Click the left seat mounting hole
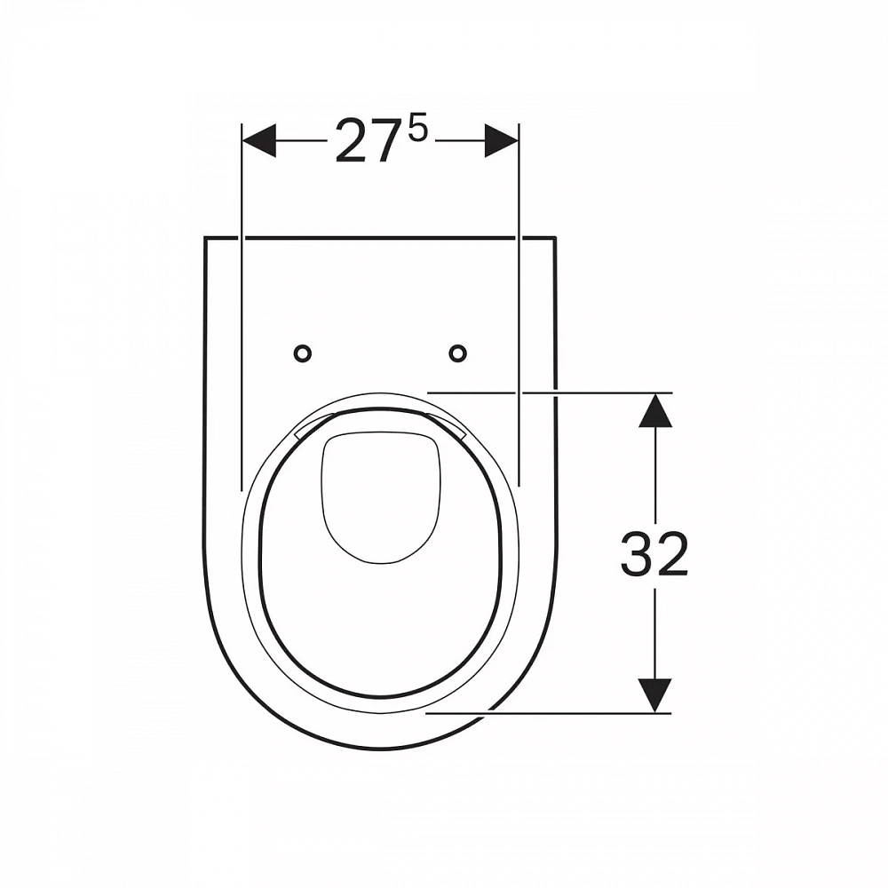303,354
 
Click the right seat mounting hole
457,354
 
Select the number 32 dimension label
654,554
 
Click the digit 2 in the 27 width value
351,141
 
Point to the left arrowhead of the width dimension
258,140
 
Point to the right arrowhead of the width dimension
501,140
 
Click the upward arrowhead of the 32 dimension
655,410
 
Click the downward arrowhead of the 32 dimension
654,695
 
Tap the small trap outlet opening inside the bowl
381,498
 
